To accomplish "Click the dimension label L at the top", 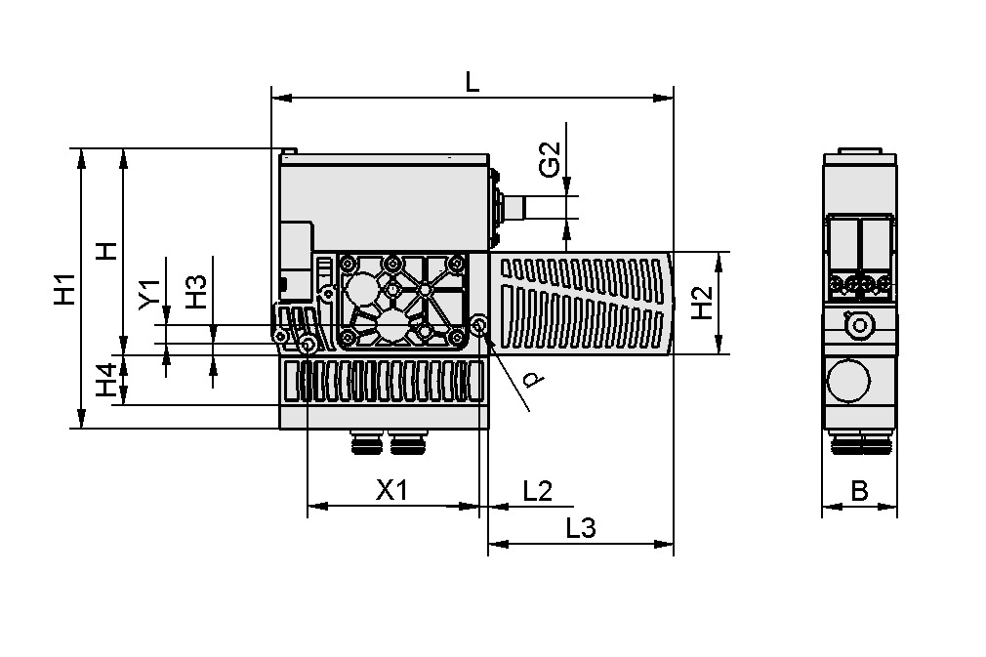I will (472, 83).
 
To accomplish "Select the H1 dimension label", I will (64, 289).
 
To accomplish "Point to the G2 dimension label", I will (551, 160).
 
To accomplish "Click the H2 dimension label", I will (701, 303).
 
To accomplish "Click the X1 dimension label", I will (391, 491).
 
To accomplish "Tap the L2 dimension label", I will (537, 491).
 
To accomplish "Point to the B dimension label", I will (859, 491).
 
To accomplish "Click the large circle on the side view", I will (848, 380).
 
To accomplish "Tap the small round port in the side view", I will (859, 325).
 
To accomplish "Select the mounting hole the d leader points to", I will (479, 325).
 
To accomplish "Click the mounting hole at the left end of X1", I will (308, 345).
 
